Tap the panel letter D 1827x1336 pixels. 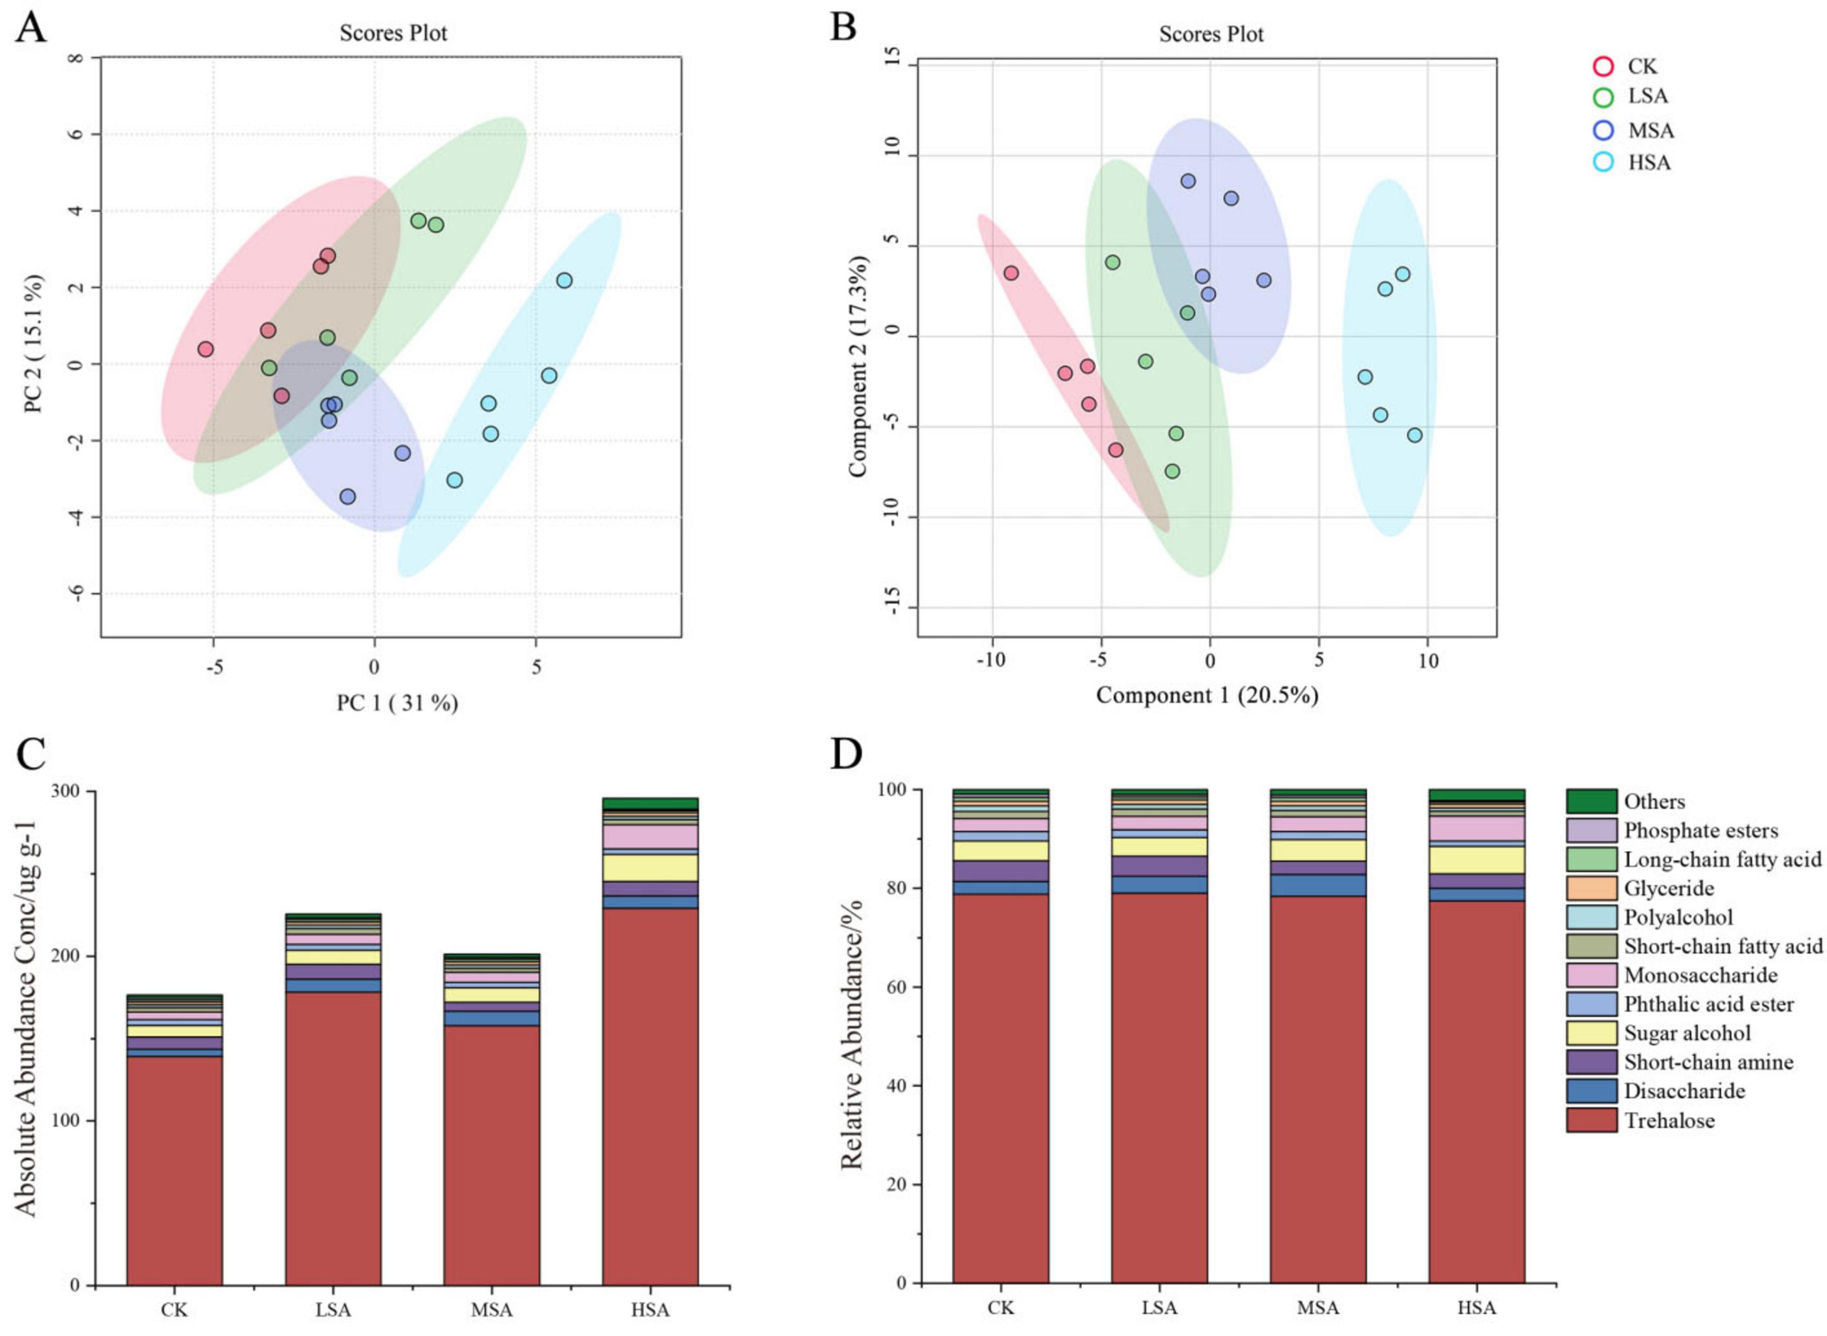click(x=847, y=754)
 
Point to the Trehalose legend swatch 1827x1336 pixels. click(x=1591, y=1120)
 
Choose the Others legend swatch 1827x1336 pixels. click(x=1591, y=802)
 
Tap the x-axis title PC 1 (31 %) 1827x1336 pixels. click(x=397, y=703)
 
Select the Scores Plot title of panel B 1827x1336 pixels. click(x=1211, y=34)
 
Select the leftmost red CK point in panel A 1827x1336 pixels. click(x=206, y=349)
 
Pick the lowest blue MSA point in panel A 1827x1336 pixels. click(x=348, y=497)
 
